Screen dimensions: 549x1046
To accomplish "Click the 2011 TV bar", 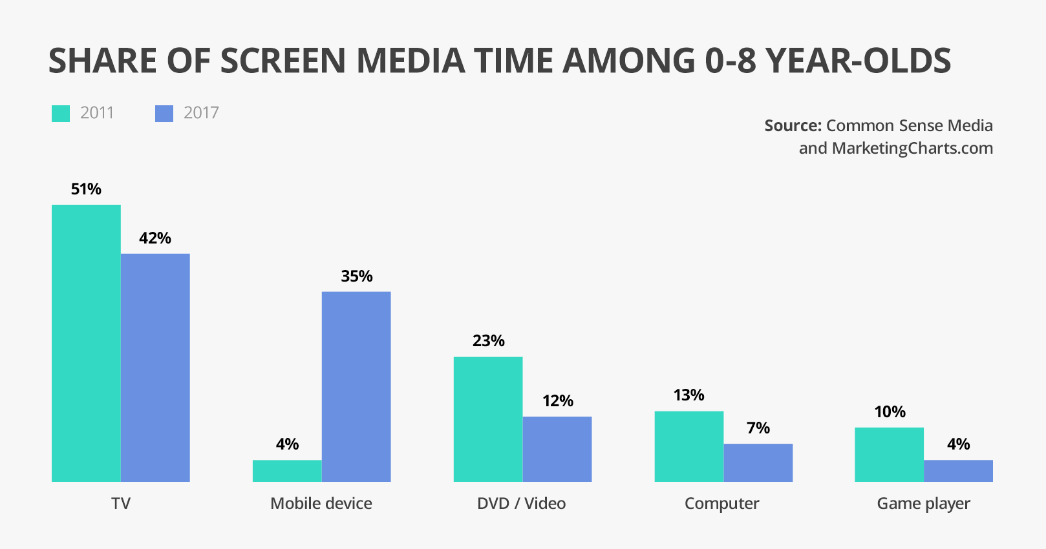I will click(x=86, y=343).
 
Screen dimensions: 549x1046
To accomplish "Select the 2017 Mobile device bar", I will click(x=356, y=386).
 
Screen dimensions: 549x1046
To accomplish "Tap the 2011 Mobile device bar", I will click(x=287, y=471).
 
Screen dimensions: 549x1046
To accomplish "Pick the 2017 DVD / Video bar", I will click(x=557, y=449).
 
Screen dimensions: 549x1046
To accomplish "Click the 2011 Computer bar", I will click(x=689, y=446).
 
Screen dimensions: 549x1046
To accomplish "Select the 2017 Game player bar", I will click(x=958, y=471).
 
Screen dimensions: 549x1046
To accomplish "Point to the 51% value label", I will click(x=86, y=189).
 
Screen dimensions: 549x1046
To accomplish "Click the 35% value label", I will click(x=357, y=276).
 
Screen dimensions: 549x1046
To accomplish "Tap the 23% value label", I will click(x=489, y=341).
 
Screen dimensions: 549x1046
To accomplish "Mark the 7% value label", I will click(x=758, y=428).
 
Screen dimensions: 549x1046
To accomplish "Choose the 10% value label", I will click(x=890, y=412).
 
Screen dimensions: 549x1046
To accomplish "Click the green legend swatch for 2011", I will click(x=61, y=114).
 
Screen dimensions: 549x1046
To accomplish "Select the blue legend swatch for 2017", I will click(x=164, y=114).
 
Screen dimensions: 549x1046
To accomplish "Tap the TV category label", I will click(x=121, y=504).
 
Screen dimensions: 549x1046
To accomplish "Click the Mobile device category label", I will click(x=321, y=504).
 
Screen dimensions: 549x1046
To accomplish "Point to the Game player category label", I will click(x=923, y=504).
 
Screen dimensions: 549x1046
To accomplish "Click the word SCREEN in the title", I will click(x=283, y=61).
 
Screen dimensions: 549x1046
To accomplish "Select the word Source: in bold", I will click(x=793, y=125).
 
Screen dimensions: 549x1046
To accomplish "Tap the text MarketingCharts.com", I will click(x=912, y=148).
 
